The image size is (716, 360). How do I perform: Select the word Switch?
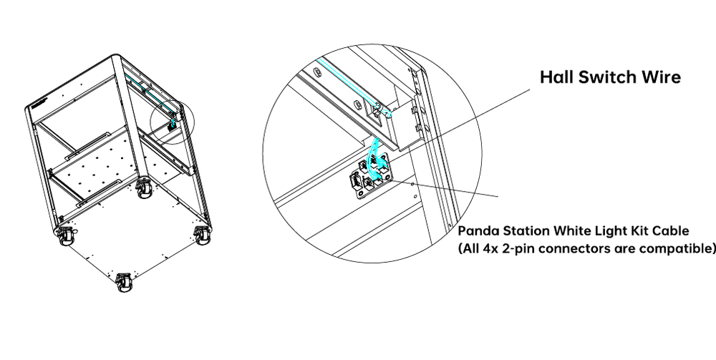coord(606,77)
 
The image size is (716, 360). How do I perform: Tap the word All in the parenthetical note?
coord(468,249)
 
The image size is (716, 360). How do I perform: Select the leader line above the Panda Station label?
coord(445,189)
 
